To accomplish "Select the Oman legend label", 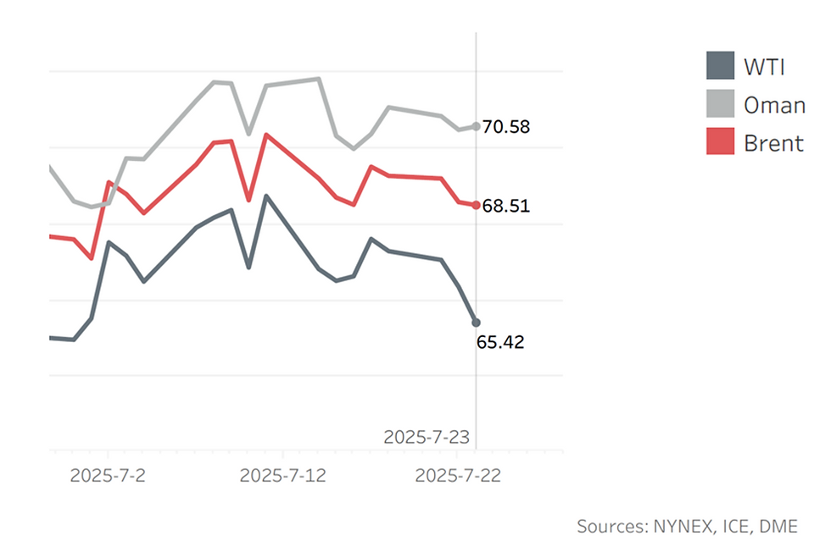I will tap(774, 105).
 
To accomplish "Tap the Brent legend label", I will tap(773, 143).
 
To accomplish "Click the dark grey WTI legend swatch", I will tap(720, 65).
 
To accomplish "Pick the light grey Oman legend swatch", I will tap(720, 104).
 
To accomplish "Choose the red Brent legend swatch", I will tap(720, 142).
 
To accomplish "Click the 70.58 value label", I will tap(506, 127).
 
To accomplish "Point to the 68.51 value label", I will tap(506, 206).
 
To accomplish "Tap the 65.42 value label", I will tap(500, 342).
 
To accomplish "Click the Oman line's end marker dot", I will tap(476, 126).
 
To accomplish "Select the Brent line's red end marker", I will tap(476, 205).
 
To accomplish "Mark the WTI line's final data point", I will tap(476, 323).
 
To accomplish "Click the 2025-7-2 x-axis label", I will tap(108, 476).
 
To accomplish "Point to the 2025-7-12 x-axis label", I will tap(282, 476).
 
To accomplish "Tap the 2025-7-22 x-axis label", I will tap(457, 476).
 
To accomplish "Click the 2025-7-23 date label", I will tap(426, 437).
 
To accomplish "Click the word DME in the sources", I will tap(778, 526).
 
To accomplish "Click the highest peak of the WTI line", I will tap(266, 196).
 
